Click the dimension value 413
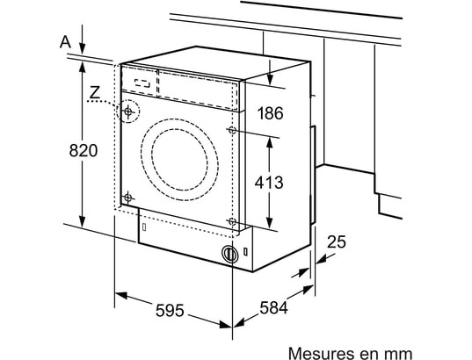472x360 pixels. [x=269, y=183]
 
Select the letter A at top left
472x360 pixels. [x=64, y=40]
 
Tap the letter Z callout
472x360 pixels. [x=95, y=92]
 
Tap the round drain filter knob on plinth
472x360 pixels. [x=230, y=255]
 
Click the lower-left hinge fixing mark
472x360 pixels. [x=128, y=195]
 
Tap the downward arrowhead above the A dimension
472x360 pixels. [x=82, y=48]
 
